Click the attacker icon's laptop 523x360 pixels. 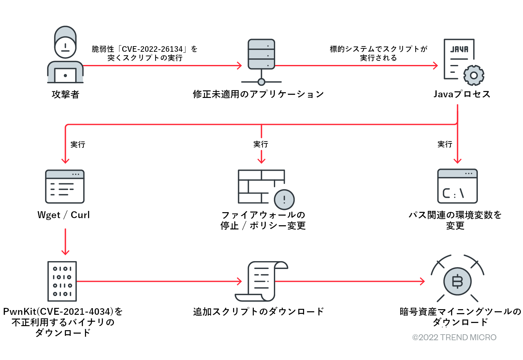[x=65, y=75]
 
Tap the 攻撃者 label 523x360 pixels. [x=65, y=94]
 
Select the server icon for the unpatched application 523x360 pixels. [x=261, y=54]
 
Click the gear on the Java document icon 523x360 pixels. [x=474, y=75]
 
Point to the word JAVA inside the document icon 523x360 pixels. [x=459, y=49]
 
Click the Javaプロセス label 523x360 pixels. [x=462, y=94]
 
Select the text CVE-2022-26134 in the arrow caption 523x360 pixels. [x=152, y=49]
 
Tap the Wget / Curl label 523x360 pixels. [x=64, y=215]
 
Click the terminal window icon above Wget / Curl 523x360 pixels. [x=65, y=186]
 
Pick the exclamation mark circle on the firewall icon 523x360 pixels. [x=284, y=199]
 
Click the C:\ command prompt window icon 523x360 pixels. [x=457, y=186]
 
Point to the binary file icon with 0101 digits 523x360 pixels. [x=62, y=281]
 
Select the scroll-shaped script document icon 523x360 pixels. [x=261, y=281]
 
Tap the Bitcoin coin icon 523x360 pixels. [x=457, y=281]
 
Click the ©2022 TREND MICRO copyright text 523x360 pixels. [x=454, y=337]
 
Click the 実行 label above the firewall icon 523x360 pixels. [x=261, y=144]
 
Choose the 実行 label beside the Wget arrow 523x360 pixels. [x=78, y=144]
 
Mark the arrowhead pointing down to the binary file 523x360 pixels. [x=65, y=253]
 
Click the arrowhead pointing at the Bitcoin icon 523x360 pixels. [x=422, y=281]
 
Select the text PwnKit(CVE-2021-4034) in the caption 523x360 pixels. [x=58, y=311]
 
